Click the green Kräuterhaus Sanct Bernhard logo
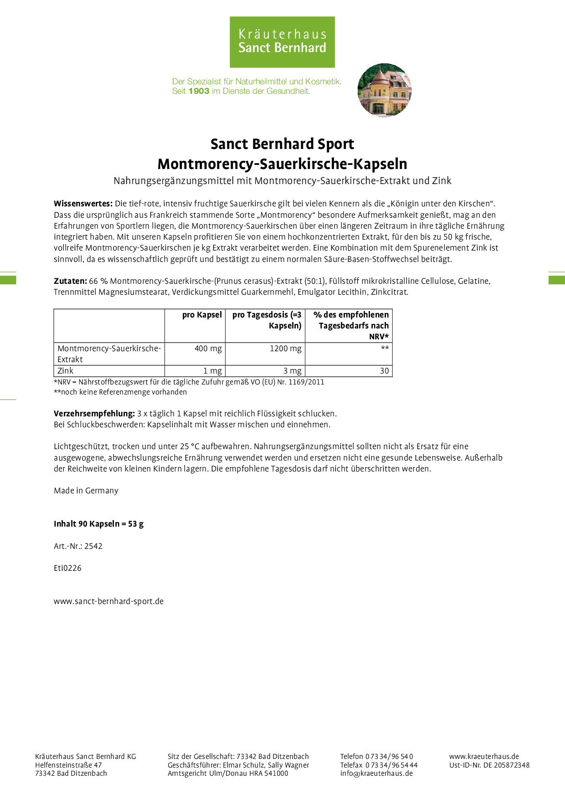282,42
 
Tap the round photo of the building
385,90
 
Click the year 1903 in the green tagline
199,91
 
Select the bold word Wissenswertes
83,204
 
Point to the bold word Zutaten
70,281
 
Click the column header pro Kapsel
202,315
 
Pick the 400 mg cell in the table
208,348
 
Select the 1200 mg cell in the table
285,348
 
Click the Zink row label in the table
66,371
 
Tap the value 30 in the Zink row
384,371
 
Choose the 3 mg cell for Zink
292,371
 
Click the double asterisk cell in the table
385,348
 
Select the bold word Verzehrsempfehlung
94,414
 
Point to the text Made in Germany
86,491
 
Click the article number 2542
93,546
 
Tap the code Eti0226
67,568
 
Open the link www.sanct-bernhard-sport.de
108,601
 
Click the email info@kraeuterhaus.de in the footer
376,773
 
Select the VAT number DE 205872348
506,765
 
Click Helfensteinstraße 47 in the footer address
68,765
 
